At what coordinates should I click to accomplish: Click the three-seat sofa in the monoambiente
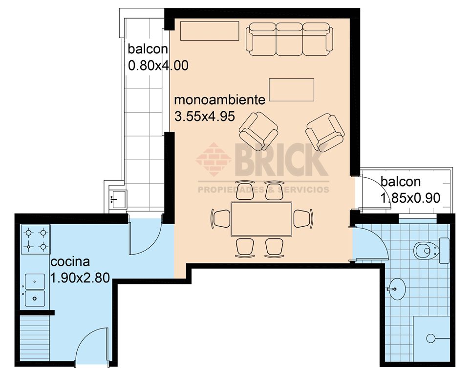(x=289, y=39)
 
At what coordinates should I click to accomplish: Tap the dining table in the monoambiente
(x=261, y=219)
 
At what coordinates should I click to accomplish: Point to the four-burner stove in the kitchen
(x=36, y=239)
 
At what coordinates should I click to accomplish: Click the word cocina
(x=70, y=261)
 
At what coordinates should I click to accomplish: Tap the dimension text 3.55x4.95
(x=204, y=117)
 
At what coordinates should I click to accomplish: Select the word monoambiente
(x=219, y=100)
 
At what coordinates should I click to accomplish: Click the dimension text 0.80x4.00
(x=158, y=65)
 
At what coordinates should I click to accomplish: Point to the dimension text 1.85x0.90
(x=410, y=198)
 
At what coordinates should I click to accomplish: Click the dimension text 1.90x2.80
(x=80, y=278)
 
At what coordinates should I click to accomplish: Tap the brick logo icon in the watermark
(x=214, y=159)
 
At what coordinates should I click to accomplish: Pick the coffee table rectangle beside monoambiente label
(x=291, y=90)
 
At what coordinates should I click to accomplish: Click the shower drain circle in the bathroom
(x=431, y=338)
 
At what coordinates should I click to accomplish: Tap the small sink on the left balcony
(x=118, y=199)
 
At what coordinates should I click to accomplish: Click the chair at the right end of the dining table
(x=303, y=218)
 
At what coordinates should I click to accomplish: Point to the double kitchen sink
(x=35, y=290)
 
